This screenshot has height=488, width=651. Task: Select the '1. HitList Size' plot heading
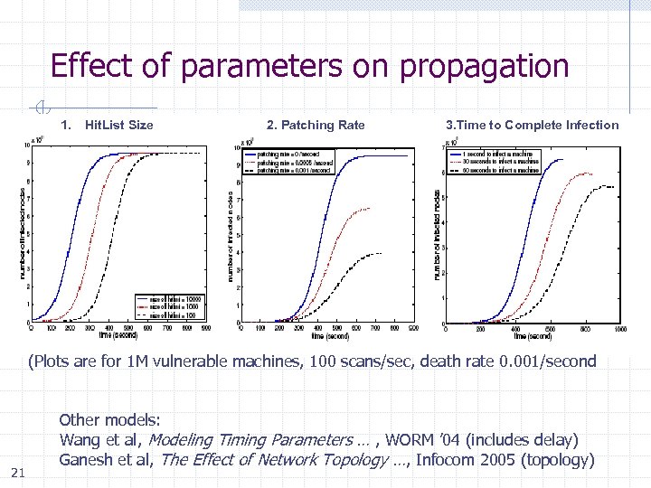(x=107, y=125)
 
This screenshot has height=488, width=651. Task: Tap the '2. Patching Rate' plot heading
(x=316, y=125)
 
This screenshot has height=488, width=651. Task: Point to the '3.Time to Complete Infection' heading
(x=533, y=125)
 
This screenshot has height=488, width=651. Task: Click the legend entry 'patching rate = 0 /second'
(x=288, y=155)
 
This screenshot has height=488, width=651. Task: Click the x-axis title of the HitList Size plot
(x=120, y=335)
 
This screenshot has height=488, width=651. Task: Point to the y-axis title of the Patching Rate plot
(x=231, y=235)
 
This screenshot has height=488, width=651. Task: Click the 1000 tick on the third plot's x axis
(x=619, y=330)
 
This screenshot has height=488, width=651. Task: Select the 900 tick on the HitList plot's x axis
(x=205, y=329)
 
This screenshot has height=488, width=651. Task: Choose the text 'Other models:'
(x=109, y=420)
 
